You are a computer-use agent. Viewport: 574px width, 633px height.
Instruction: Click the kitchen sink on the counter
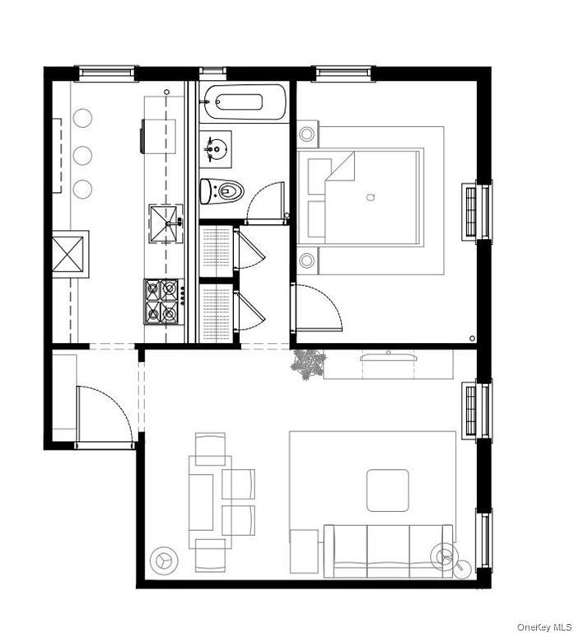click(164, 220)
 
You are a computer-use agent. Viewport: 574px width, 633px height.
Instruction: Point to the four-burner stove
click(162, 301)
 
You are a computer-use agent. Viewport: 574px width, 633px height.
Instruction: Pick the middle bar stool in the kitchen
click(82, 154)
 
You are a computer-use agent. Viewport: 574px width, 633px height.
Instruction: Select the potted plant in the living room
click(308, 363)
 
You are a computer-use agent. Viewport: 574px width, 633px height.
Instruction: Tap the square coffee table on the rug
click(387, 490)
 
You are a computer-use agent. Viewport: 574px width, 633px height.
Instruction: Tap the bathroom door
click(267, 201)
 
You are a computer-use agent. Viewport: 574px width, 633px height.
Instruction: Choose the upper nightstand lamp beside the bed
click(307, 134)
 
